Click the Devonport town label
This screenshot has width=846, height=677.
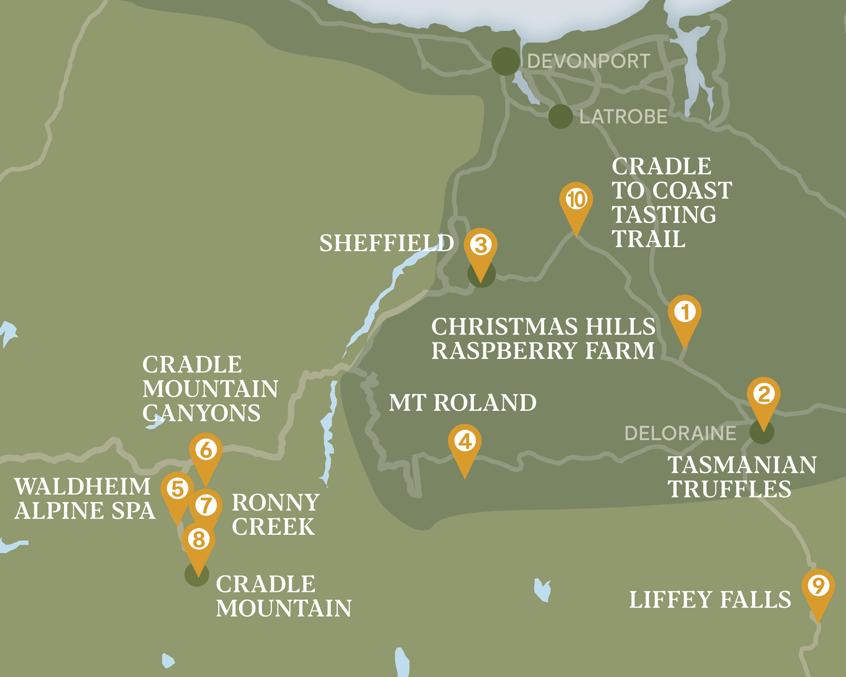[x=588, y=61]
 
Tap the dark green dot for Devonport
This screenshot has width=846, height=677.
[x=505, y=61]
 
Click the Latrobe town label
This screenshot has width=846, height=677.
[x=623, y=117]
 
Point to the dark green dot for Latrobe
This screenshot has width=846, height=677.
[x=561, y=116]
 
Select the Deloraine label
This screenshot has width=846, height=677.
[x=680, y=433]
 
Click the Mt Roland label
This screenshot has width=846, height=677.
[x=462, y=403]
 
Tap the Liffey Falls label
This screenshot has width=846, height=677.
[x=710, y=600]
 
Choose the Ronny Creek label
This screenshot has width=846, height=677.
[x=275, y=515]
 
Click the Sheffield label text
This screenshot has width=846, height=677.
[x=386, y=243]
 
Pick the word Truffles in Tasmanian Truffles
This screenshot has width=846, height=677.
[x=730, y=489]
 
